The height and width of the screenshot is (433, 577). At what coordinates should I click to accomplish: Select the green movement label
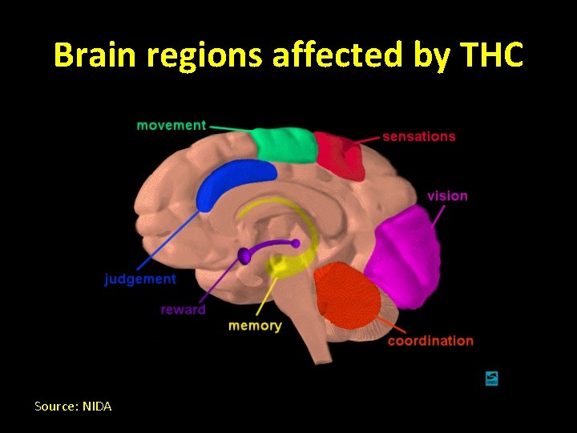(171, 125)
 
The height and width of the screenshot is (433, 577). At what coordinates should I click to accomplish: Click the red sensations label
(418, 136)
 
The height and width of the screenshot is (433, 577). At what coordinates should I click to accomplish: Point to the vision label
(447, 196)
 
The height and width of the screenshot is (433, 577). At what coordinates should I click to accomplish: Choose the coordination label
(430, 341)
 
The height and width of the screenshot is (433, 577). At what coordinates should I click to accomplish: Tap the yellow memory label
(255, 326)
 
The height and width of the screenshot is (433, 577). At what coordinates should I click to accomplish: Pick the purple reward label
(183, 310)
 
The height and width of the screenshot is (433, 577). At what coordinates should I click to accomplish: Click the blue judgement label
(140, 279)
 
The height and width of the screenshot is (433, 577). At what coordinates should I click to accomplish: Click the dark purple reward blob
(244, 256)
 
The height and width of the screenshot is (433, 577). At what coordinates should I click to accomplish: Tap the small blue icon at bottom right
(491, 378)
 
